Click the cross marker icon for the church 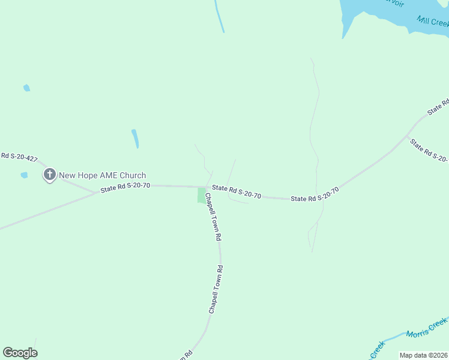(50, 175)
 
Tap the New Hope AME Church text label (102, 175)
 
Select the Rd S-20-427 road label (19, 157)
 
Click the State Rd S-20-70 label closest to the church (125, 188)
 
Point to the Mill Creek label (432, 22)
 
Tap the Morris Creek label (427, 329)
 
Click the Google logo (20, 353)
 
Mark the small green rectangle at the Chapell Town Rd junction (201, 195)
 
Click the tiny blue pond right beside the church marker (24, 175)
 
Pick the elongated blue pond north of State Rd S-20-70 (135, 139)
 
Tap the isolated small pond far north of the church (26, 88)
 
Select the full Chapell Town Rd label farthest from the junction (215, 289)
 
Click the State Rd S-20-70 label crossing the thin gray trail (315, 194)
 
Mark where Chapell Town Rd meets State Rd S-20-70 (207, 187)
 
